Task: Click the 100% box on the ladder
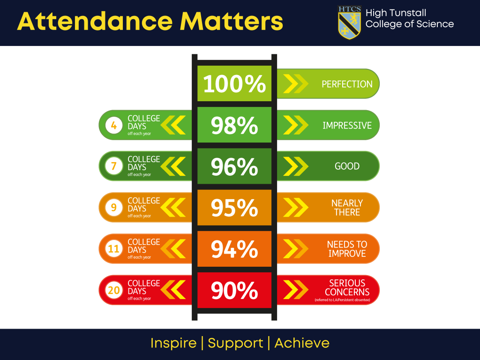tap(234, 83)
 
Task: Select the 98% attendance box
tap(234, 125)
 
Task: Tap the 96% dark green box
tap(234, 166)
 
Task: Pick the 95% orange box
tap(234, 208)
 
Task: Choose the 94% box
tap(234, 249)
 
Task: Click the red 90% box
tap(234, 290)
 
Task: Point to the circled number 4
tap(114, 125)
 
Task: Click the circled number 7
tap(114, 166)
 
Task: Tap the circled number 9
tap(114, 208)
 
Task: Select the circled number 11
tap(114, 249)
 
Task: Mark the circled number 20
tap(114, 290)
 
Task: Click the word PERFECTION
tap(347, 84)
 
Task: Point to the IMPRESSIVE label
tap(347, 125)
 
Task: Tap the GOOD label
tap(347, 166)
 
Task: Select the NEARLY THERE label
tap(347, 208)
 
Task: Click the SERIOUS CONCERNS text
tap(347, 287)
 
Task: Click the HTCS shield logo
tap(349, 22)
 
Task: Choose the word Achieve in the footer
tap(302, 343)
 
